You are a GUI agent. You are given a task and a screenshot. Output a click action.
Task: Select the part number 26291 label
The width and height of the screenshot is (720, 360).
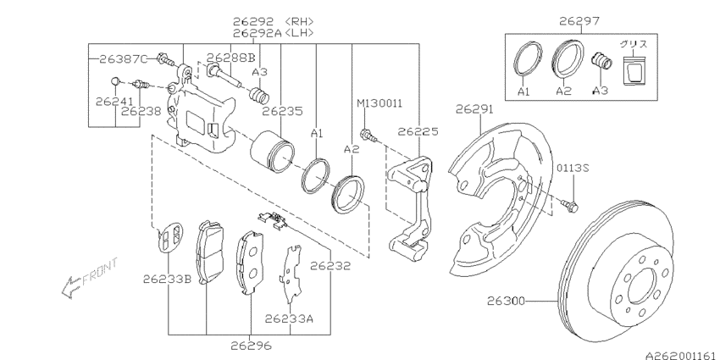point(474,109)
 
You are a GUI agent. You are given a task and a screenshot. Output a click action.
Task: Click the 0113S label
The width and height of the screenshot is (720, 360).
point(573,168)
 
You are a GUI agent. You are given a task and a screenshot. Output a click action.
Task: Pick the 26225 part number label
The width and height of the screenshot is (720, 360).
point(417,131)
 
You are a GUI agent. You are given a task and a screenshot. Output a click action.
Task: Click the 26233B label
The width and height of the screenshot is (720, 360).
point(166,277)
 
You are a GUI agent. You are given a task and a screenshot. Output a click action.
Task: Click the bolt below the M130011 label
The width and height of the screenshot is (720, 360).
point(368,133)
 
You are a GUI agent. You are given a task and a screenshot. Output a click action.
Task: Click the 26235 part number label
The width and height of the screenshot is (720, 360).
point(282,110)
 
